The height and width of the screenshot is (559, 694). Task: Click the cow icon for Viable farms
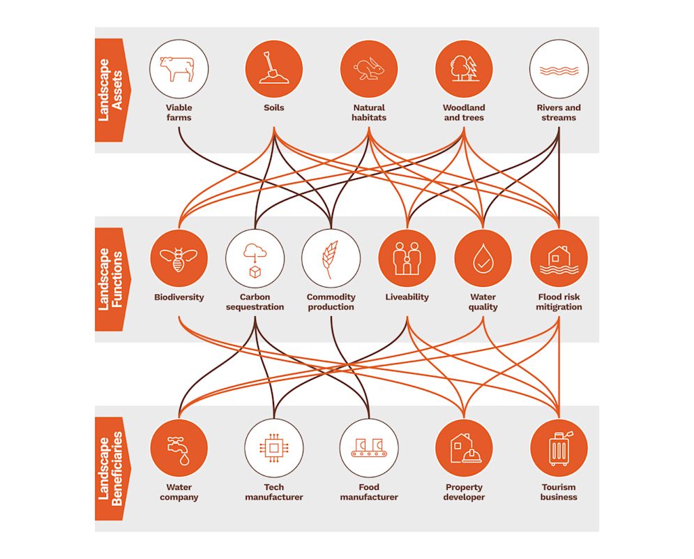tap(179, 69)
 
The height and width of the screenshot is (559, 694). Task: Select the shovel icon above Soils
tap(274, 69)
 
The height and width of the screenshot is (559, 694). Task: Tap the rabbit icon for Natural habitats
tap(369, 69)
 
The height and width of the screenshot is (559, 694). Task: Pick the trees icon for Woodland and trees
tap(464, 69)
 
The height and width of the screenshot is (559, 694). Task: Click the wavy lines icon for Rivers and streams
tap(559, 69)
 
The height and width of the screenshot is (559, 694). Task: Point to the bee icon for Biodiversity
tap(179, 258)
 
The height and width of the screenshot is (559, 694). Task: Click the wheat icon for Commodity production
tap(331, 258)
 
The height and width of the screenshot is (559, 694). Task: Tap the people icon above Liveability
tap(407, 258)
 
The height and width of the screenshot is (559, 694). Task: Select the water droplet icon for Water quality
tap(483, 258)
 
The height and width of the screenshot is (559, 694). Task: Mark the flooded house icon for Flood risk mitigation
tap(559, 258)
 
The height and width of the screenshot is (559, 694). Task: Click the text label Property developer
tap(464, 492)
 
